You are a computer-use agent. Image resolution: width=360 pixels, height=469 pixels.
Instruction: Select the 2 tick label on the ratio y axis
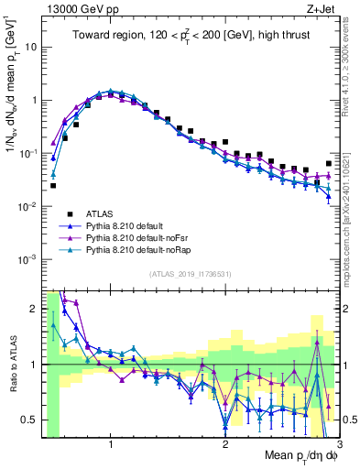click(x=35, y=309)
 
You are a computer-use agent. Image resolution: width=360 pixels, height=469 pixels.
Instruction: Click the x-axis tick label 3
click(x=338, y=445)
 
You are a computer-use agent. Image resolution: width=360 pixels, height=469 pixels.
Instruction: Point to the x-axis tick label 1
click(x=111, y=445)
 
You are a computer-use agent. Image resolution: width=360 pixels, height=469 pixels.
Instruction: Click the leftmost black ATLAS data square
click(x=53, y=185)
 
